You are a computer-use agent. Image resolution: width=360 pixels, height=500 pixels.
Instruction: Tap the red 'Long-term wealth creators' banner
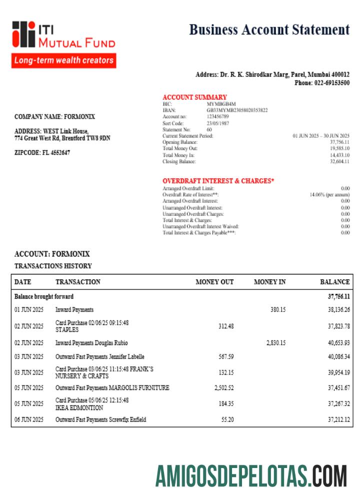(64, 60)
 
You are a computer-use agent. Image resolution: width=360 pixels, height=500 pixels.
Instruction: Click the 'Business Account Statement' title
(269, 30)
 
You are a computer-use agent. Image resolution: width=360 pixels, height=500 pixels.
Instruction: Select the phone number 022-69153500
(331, 83)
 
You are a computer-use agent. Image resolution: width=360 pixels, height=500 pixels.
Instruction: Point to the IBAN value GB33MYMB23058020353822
(237, 110)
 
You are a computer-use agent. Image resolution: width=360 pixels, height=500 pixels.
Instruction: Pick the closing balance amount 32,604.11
(339, 161)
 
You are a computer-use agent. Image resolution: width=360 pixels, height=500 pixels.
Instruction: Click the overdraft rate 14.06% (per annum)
(329, 194)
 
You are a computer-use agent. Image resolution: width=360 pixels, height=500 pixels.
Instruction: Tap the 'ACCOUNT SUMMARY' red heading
(194, 97)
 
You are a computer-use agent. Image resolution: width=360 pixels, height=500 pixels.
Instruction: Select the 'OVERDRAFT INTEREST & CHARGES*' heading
(218, 180)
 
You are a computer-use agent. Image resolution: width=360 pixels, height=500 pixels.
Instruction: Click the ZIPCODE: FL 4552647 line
(42, 152)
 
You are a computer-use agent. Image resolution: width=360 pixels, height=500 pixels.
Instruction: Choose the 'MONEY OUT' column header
(214, 282)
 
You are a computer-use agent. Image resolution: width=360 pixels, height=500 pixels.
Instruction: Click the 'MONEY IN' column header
(269, 282)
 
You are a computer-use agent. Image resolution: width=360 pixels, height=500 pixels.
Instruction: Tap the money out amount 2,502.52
(223, 388)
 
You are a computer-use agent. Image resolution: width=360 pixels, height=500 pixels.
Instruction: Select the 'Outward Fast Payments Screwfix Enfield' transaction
(100, 420)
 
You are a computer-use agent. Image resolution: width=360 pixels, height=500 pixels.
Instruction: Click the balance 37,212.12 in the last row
(338, 420)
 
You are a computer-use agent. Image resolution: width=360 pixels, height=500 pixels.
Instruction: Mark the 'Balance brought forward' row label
(44, 296)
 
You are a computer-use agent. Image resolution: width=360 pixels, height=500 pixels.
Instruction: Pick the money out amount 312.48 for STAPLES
(226, 326)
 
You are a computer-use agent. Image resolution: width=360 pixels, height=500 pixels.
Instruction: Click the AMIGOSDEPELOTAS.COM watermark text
(250, 475)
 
